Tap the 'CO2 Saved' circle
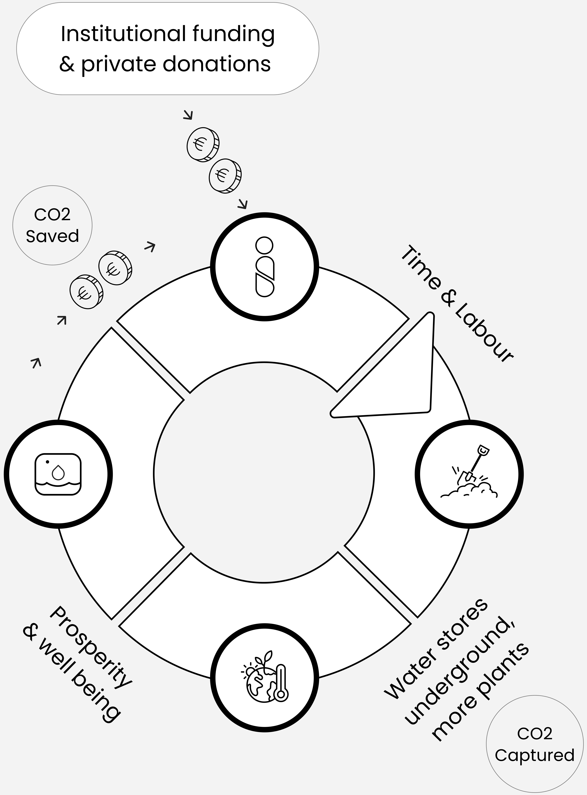(x=52, y=225)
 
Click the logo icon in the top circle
(x=265, y=267)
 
